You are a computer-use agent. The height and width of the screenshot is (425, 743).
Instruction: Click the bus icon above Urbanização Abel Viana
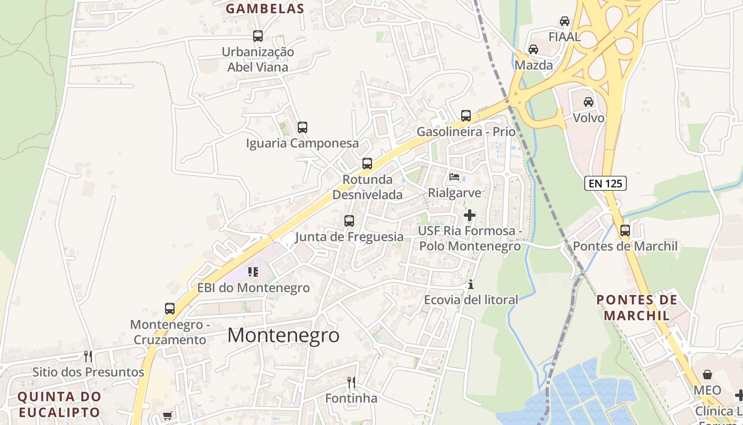258,36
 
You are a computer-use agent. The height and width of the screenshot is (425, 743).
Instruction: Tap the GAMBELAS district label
265,8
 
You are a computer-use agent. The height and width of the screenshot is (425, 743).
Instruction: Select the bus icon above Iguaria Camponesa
302,127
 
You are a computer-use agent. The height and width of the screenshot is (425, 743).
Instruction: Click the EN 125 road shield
606,183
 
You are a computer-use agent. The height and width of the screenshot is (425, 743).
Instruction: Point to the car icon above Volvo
588,101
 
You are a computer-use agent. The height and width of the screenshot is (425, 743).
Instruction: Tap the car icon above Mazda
533,49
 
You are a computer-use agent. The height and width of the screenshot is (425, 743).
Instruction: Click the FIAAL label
564,37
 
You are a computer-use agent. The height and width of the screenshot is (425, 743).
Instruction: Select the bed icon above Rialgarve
454,176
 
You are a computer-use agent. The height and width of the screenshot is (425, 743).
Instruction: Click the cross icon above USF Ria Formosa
469,215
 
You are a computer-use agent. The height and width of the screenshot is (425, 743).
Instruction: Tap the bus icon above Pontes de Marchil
625,231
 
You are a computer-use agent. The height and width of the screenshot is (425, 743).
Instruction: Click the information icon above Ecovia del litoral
470,284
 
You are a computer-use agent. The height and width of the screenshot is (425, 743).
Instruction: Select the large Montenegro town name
283,335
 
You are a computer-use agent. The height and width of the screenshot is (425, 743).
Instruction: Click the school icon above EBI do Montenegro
253,272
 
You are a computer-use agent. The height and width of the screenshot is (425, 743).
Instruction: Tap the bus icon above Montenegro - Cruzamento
169,308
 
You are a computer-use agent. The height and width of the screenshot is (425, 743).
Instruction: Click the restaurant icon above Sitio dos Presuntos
88,356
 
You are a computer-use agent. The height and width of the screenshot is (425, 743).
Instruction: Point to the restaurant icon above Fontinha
351,382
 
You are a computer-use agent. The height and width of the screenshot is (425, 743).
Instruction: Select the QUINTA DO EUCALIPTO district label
59,404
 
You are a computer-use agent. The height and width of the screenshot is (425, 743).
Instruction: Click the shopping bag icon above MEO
707,375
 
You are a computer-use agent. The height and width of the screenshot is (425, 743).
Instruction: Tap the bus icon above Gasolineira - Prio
465,115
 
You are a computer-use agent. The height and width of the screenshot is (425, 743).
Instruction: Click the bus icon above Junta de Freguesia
349,220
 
